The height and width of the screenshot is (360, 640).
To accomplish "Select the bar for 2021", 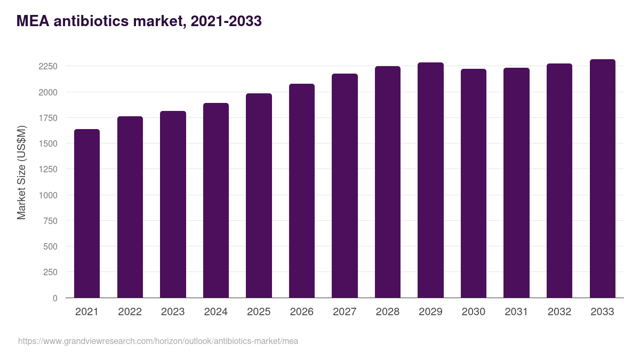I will click(x=87, y=213).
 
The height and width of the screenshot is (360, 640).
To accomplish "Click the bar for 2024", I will click(x=216, y=201).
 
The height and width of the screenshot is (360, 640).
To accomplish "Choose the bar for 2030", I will click(x=474, y=183).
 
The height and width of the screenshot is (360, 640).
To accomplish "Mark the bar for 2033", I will click(x=602, y=179).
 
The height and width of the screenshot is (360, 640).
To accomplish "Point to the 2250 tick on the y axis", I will click(x=48, y=67).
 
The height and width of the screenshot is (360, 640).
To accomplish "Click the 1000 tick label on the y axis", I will click(x=48, y=195).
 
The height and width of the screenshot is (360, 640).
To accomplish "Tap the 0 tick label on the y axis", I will click(x=55, y=298).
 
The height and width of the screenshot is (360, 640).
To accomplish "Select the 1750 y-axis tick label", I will click(x=48, y=118).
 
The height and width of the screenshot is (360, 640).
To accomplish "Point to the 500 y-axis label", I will click(x=50, y=246).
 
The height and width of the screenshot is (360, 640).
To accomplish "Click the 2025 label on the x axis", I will click(x=259, y=312).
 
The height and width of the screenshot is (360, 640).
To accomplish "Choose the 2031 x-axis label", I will click(x=516, y=312).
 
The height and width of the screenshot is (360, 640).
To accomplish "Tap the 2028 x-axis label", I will click(x=387, y=312).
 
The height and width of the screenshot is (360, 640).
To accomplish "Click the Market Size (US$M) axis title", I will click(x=21, y=172).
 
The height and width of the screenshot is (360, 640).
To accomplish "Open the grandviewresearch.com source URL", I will click(x=158, y=341).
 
